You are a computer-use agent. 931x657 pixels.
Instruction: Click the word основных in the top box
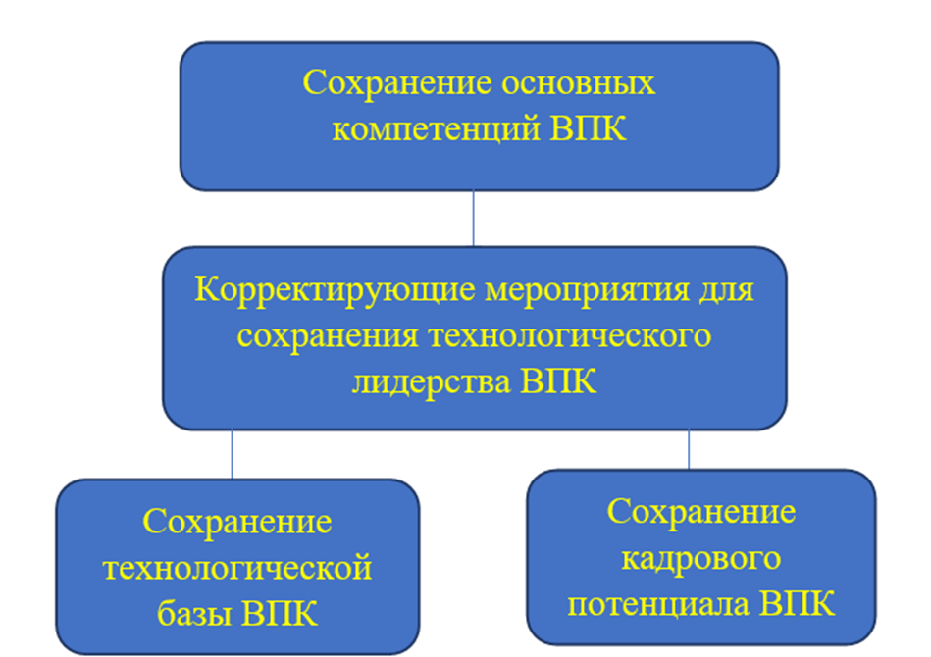[x=579, y=82]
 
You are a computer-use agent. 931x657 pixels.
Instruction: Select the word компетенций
[x=437, y=128]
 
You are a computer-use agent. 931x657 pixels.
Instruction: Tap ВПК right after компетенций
[x=588, y=127]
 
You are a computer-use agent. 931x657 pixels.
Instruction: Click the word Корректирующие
[x=336, y=290]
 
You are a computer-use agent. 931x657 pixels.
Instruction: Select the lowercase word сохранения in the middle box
[x=329, y=336]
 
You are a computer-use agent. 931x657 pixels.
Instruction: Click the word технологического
[x=570, y=336]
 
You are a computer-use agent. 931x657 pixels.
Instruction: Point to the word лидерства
[x=432, y=381]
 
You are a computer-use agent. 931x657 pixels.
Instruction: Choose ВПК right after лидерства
[x=558, y=381]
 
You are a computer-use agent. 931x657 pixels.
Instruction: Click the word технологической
[x=237, y=568]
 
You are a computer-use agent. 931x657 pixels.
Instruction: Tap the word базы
[x=194, y=614]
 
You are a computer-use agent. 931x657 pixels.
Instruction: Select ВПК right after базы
[x=279, y=614]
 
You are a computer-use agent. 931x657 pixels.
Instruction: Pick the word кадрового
[x=700, y=559]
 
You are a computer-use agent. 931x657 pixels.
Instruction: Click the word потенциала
[x=659, y=605]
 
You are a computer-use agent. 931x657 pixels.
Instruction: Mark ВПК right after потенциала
[x=798, y=604]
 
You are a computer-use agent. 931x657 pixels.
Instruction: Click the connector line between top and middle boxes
[x=473, y=218]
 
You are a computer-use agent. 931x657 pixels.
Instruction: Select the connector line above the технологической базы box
[x=233, y=454]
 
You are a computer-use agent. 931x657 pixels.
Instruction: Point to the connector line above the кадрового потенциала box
[x=689, y=449]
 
